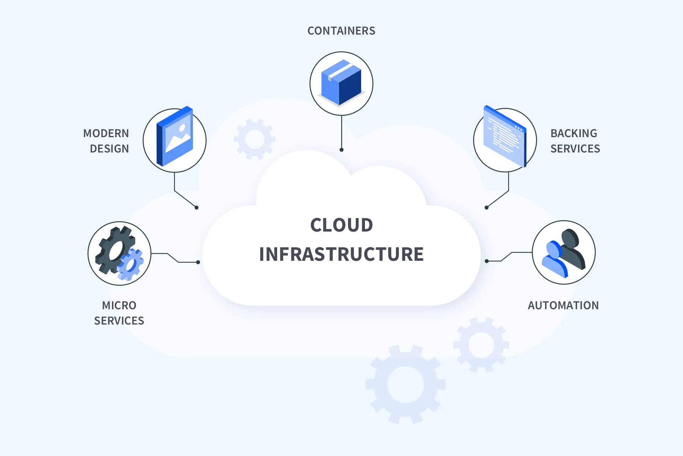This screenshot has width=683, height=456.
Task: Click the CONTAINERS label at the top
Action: [341, 31]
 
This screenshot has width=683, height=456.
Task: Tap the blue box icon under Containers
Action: [341, 83]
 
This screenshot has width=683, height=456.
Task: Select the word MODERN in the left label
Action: [106, 134]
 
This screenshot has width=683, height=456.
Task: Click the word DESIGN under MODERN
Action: [109, 149]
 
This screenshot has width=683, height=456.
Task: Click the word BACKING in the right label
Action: [573, 134]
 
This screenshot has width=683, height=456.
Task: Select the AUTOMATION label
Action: [563, 306]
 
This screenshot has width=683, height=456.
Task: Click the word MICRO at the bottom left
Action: [119, 306]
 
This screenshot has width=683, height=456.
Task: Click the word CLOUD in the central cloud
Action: [341, 225]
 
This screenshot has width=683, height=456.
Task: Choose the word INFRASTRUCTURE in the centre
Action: [341, 254]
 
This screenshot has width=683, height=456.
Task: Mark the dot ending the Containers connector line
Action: [341, 150]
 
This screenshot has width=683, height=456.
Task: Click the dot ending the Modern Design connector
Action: [196, 208]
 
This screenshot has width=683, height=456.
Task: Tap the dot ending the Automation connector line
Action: [487, 261]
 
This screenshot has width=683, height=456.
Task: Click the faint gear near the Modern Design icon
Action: [255, 139]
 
